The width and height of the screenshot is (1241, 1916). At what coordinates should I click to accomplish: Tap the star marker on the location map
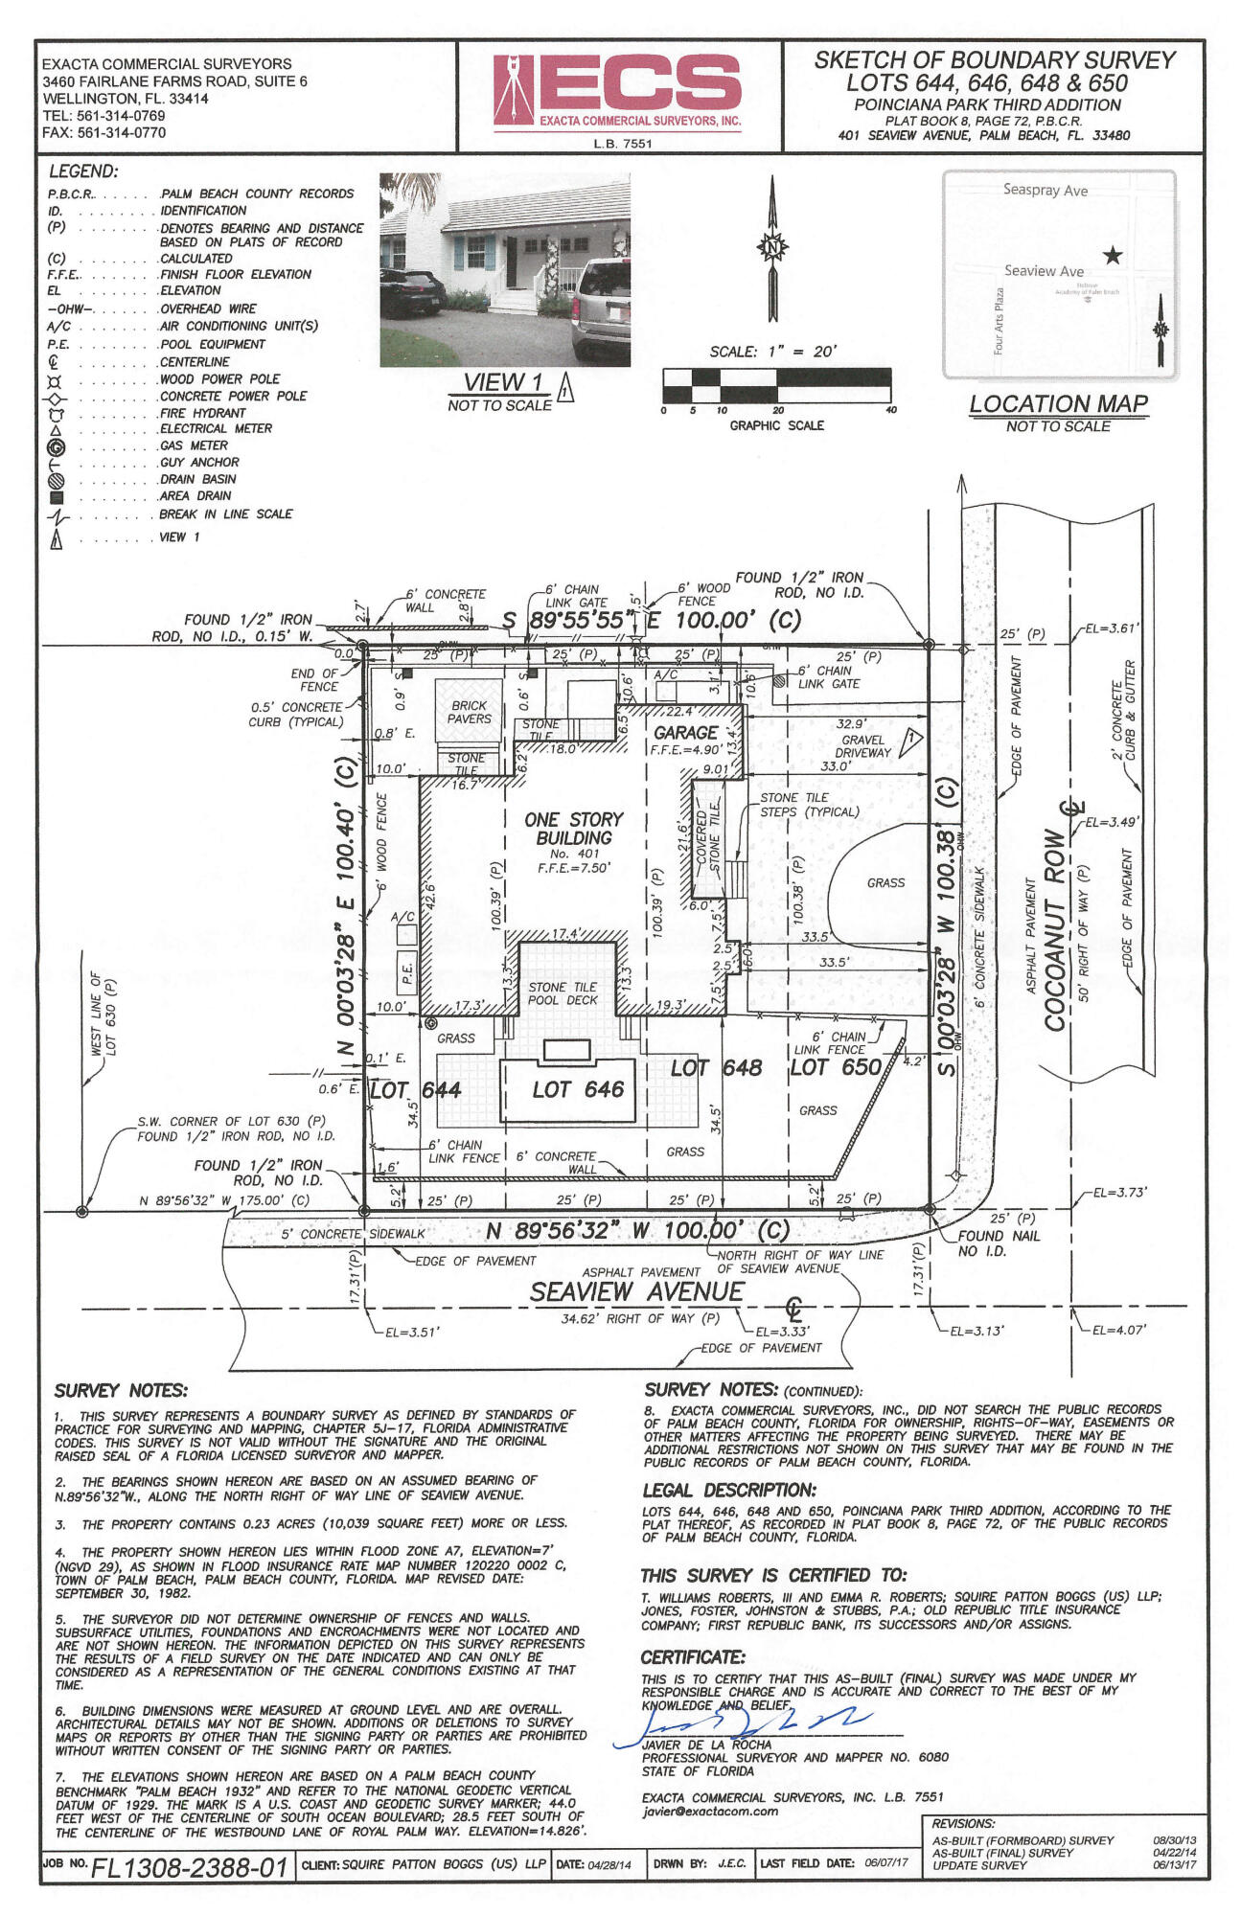click(1112, 256)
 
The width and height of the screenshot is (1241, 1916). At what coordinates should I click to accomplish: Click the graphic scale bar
click(776, 385)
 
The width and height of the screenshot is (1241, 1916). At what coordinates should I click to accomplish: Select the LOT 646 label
click(578, 1089)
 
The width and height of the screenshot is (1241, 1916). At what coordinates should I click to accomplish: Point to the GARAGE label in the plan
click(685, 733)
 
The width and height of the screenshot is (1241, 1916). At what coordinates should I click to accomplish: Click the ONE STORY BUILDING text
click(573, 829)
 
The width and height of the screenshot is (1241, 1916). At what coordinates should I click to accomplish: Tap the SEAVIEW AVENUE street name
click(636, 1292)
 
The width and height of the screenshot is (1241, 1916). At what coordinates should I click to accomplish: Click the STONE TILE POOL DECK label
click(563, 993)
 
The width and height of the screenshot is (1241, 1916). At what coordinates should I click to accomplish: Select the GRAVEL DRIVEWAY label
click(862, 746)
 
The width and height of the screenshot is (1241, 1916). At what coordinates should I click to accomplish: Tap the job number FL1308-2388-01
click(190, 1867)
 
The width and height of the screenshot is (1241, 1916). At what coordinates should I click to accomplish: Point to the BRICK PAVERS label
click(470, 712)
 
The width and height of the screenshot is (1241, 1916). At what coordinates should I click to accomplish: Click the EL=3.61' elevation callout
click(1112, 628)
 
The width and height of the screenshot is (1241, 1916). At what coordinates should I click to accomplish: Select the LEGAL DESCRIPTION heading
click(728, 1491)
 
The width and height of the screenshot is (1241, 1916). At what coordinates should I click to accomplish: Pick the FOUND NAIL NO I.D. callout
click(998, 1243)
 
